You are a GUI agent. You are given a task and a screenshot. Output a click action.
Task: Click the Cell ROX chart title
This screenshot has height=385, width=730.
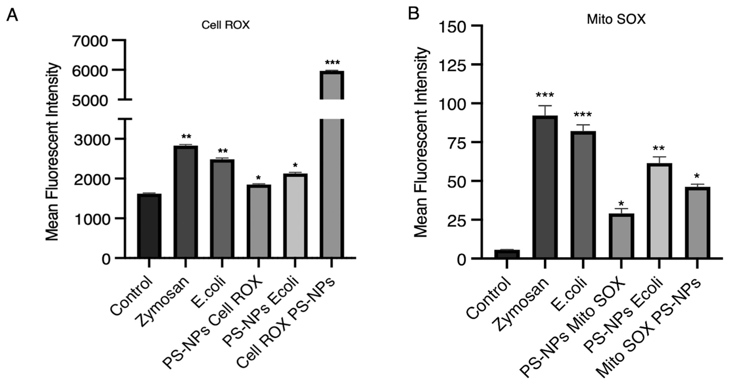click(226, 25)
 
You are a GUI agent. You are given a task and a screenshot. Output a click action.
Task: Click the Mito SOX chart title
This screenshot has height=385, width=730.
click(616, 19)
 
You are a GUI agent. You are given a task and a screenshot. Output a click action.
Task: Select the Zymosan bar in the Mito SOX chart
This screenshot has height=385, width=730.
click(545, 187)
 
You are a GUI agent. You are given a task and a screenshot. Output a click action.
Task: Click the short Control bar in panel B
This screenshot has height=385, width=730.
click(507, 254)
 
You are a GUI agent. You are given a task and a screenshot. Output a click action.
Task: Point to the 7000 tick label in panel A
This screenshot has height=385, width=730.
click(90, 41)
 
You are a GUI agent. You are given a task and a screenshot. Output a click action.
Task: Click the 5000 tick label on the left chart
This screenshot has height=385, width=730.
click(90, 101)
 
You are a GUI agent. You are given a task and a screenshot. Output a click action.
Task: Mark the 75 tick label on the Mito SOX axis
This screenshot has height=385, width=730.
click(457, 143)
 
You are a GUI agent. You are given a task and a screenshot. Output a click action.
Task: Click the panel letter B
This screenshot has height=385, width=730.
click(414, 13)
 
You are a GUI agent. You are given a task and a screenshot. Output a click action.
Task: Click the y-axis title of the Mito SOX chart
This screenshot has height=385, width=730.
click(421, 142)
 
